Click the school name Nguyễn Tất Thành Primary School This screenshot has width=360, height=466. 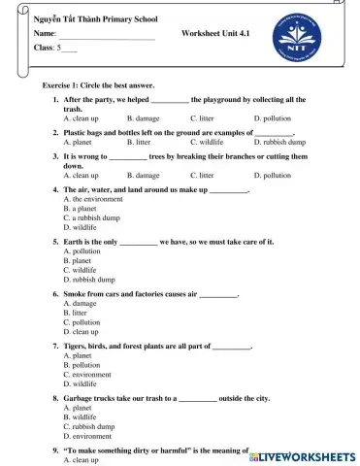click(88, 18)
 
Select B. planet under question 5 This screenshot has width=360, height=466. click(77, 260)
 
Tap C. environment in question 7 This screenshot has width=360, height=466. click(86, 374)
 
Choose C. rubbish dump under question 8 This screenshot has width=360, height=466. click(88, 426)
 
